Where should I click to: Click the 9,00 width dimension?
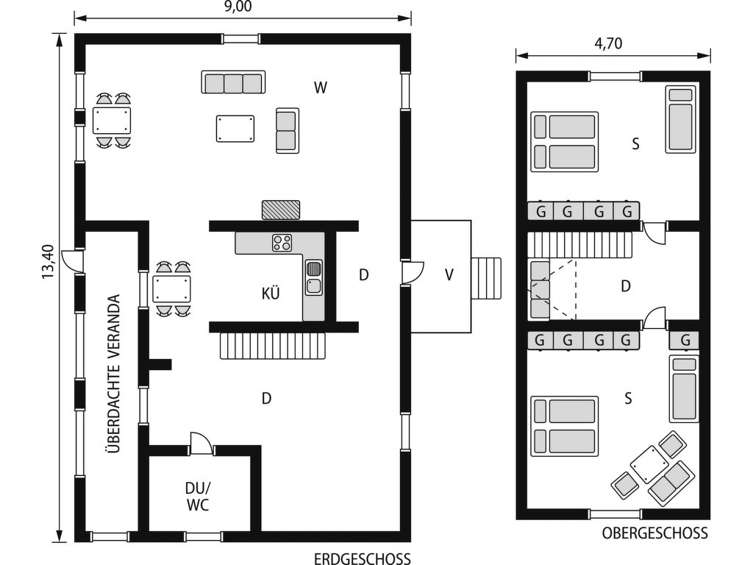(x=238, y=7)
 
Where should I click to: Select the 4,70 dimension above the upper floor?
(x=608, y=43)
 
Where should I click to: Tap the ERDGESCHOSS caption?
(x=363, y=559)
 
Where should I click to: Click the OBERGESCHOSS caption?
(x=655, y=533)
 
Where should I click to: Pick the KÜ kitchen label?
(x=271, y=293)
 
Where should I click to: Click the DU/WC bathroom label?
(x=198, y=497)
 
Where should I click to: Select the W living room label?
(x=321, y=88)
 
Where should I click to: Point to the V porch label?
(x=449, y=275)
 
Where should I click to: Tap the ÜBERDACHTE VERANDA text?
(x=113, y=373)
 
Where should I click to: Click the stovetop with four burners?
(x=282, y=243)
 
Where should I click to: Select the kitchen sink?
(x=313, y=277)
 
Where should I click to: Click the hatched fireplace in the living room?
(x=281, y=210)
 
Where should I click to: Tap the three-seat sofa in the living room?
(x=233, y=82)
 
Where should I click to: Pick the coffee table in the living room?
(x=235, y=128)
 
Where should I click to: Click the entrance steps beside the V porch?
(x=486, y=278)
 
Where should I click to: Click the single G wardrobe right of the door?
(x=685, y=340)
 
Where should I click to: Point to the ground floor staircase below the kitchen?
(x=274, y=346)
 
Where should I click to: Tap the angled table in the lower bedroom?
(x=649, y=464)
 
